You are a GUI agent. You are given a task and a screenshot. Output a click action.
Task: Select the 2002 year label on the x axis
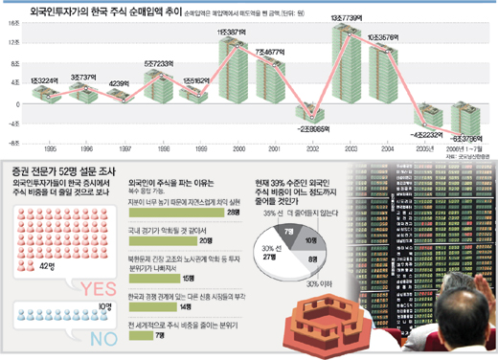click(x=307, y=148)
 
